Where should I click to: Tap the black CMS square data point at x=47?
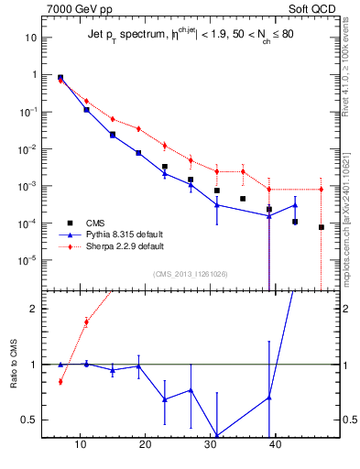322,227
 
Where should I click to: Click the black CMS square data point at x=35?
243,199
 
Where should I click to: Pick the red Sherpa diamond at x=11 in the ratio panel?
86,322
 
